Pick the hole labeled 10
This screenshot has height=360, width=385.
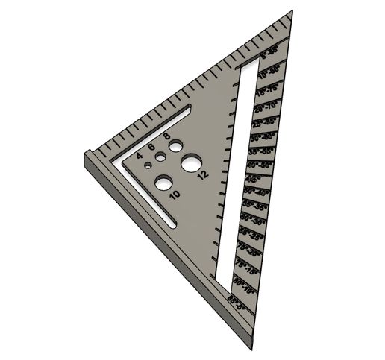click(163, 181)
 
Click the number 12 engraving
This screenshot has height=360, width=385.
click(201, 176)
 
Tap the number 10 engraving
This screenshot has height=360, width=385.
click(175, 195)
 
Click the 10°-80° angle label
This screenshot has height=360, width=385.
click(269, 72)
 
